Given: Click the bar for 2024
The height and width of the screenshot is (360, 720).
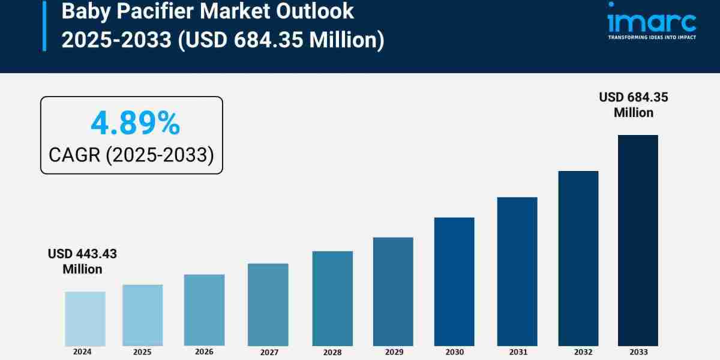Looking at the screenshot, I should [x=85, y=319].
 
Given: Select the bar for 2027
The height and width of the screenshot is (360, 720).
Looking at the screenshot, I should [x=268, y=304].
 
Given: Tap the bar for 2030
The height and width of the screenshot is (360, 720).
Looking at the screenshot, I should [x=454, y=281].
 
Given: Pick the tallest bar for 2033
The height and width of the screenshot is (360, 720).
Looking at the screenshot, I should [x=638, y=240].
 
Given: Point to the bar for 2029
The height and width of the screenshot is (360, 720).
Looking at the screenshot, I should [x=393, y=292].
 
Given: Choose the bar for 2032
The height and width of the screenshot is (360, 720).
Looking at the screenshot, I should [x=578, y=258].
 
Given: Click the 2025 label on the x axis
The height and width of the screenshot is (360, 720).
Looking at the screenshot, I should [x=143, y=352].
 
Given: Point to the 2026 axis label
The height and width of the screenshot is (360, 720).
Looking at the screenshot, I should [x=204, y=352].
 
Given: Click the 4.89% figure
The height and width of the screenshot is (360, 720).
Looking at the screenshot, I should [x=135, y=124].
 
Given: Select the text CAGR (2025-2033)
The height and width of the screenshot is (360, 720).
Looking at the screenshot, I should [x=131, y=155].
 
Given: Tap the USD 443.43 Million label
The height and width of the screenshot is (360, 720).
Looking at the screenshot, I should [x=83, y=262].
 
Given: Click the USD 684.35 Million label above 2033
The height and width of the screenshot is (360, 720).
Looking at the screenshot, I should [x=634, y=104].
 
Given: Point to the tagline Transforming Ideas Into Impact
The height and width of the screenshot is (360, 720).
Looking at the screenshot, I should [x=652, y=37].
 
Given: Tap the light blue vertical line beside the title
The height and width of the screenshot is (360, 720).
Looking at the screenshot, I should [x=44, y=25].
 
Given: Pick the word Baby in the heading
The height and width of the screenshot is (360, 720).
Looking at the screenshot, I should [x=83, y=11].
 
